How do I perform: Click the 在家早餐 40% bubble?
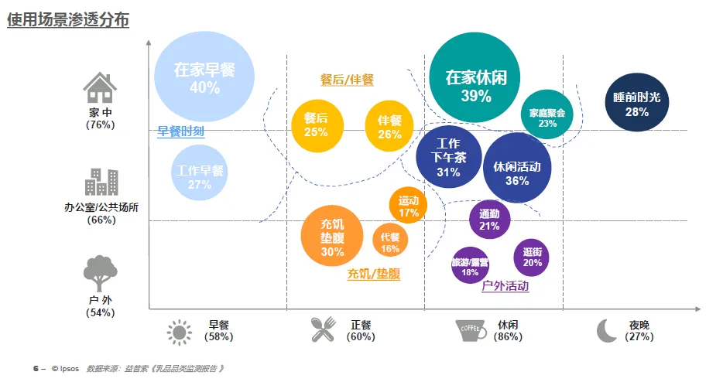point(204,77)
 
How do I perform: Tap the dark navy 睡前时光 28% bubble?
point(636,103)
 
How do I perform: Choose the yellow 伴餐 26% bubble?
point(389,126)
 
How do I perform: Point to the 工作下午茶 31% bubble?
point(448,157)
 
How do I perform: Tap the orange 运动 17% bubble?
point(408,206)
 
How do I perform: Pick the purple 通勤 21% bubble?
point(489,219)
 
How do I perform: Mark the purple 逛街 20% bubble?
point(532,258)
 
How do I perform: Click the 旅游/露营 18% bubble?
point(470,266)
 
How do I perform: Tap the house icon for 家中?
point(100,87)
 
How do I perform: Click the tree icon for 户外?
point(100,273)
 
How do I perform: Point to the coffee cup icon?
point(471,330)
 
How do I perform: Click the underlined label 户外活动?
point(505,286)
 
